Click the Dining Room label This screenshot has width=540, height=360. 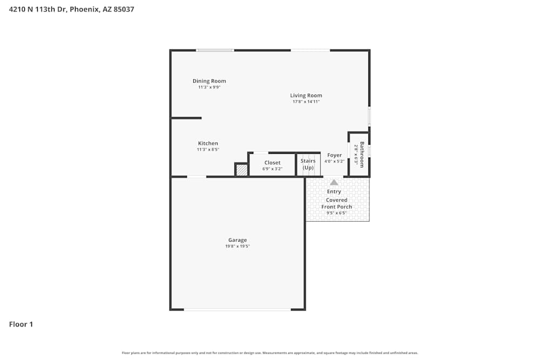(209, 81)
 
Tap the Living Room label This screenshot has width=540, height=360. (306, 96)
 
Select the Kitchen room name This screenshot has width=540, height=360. (208, 144)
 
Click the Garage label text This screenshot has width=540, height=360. (237, 240)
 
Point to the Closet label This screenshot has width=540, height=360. (272, 162)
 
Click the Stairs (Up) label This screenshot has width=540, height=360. (308, 164)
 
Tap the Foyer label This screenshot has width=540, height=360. (334, 155)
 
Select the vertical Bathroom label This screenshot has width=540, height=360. (362, 154)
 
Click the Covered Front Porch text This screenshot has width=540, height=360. (336, 203)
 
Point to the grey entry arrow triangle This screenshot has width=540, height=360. (334, 182)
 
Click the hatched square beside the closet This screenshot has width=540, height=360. (242, 170)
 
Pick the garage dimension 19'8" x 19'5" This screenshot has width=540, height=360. (237, 246)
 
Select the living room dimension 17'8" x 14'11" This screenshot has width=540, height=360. (306, 101)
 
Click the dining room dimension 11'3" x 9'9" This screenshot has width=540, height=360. (209, 87)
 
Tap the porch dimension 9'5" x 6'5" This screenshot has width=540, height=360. (336, 213)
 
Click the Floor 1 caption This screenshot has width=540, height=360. (21, 324)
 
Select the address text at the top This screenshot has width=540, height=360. (71, 9)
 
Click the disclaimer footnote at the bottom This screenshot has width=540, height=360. (269, 353)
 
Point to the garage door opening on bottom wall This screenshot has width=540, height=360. (237, 309)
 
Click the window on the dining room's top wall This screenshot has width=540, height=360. (215, 50)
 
